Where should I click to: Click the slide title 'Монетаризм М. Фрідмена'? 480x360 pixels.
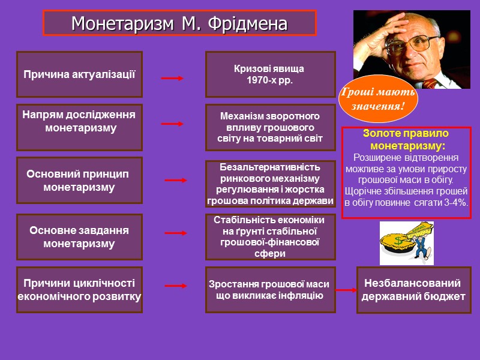coord(179,24)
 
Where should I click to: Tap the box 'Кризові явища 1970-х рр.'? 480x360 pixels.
coord(270,74)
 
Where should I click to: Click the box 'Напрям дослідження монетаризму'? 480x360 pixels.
coord(79,127)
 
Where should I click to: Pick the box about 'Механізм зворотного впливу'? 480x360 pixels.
coord(270,127)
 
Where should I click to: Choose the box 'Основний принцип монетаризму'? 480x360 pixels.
coord(79,181)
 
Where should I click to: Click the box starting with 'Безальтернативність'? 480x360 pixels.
coord(270,184)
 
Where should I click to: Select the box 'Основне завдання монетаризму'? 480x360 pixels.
coord(79,237)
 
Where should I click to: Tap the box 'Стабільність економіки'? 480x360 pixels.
coord(270,237)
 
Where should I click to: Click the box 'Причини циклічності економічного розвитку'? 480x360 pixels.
coord(79,290)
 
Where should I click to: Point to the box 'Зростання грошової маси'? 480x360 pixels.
coord(270,290)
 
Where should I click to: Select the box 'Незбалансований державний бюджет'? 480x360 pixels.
coord(413,290)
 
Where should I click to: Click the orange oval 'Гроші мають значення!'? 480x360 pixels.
coord(377,99)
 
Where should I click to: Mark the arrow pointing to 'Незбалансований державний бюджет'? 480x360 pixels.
coord(346,290)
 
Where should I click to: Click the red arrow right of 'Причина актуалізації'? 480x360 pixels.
coord(172,78)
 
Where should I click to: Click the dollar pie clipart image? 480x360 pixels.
coord(406,242)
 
